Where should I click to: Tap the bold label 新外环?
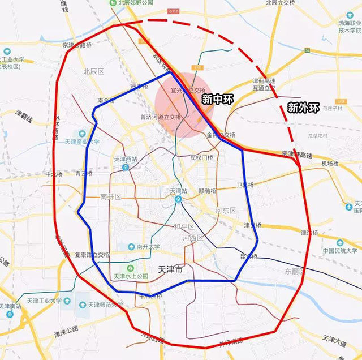pos(303,106)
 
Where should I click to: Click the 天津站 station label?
pos(179,191)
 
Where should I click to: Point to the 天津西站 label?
pos(126,159)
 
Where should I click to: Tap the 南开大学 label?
pos(140,247)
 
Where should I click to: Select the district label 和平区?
pos(184,226)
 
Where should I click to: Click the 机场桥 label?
pos(329,164)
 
